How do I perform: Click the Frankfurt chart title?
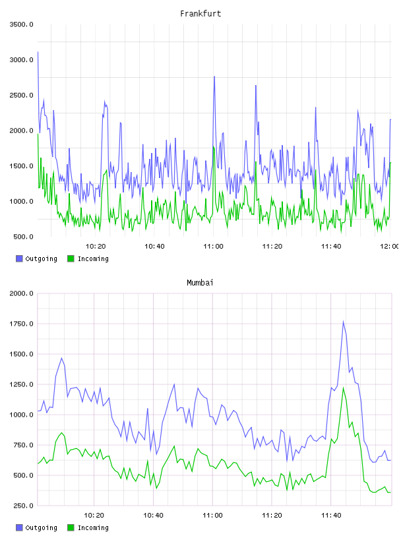click(x=200, y=14)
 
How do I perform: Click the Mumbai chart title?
click(x=200, y=283)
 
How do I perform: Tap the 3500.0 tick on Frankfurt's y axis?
click(x=21, y=24)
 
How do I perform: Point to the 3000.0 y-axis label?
click(x=21, y=60)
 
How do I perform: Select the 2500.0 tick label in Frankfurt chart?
click(x=21, y=95)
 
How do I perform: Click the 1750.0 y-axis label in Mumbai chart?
click(x=21, y=324)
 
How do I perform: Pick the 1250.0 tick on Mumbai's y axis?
click(x=21, y=384)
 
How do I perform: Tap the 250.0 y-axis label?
click(x=23, y=506)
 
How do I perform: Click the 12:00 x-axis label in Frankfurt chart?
click(x=390, y=247)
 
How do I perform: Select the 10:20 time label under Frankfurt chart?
click(x=96, y=247)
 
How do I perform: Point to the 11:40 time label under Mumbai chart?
click(x=331, y=516)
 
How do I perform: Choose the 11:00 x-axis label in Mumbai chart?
click(x=212, y=516)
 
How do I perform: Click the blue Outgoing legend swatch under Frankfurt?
click(x=19, y=258)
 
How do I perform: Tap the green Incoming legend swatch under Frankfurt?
click(x=71, y=258)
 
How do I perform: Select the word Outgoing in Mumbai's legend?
click(x=41, y=527)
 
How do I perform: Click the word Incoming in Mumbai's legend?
click(x=93, y=527)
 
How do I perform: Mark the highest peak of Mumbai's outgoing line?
click(x=343, y=322)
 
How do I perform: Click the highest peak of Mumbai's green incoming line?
click(x=343, y=388)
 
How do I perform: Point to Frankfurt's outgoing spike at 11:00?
click(x=214, y=76)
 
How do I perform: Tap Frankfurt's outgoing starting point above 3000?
click(x=38, y=52)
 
